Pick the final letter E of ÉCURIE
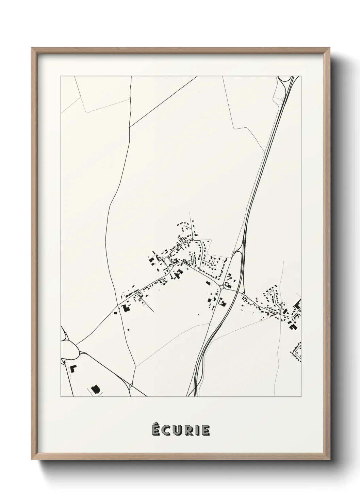tap(205, 431)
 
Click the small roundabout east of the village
tap(222, 287)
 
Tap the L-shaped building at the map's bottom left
tap(73, 368)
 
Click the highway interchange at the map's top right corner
tap(286, 82)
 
